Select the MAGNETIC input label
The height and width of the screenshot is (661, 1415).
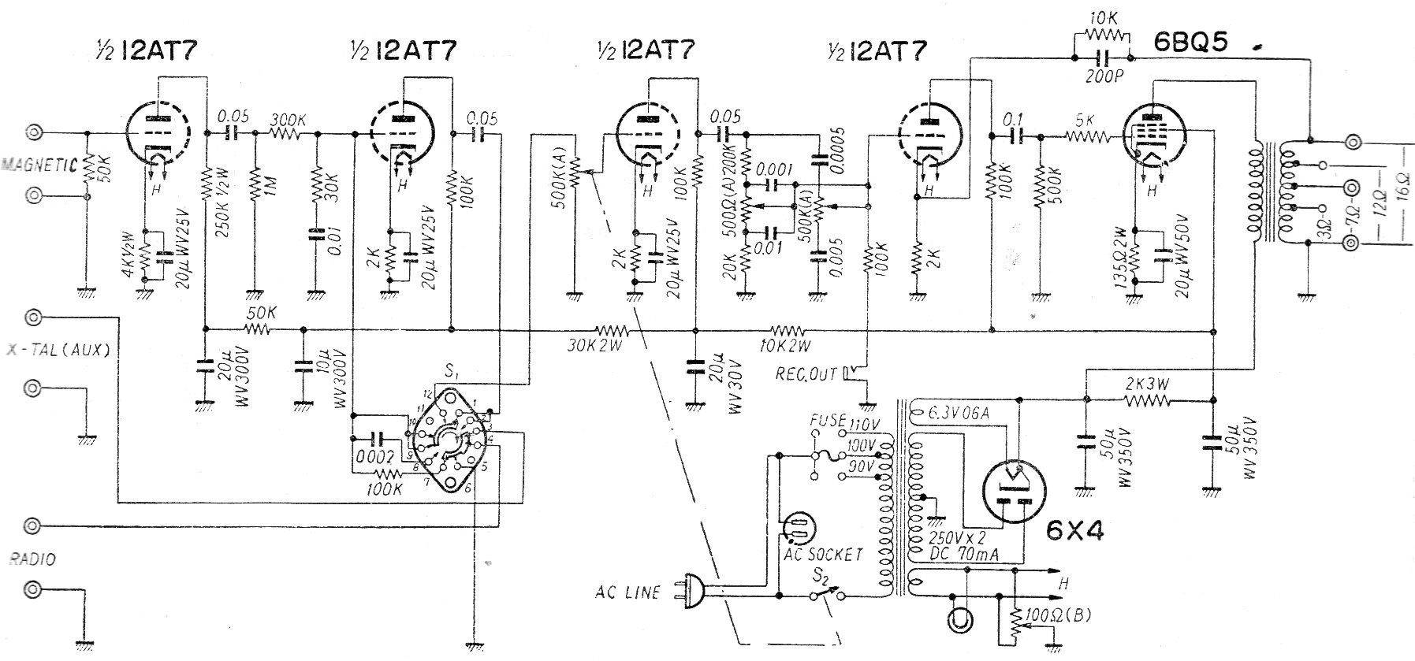(39, 165)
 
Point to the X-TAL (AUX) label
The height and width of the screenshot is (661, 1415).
(57, 351)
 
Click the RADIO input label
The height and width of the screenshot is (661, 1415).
(32, 559)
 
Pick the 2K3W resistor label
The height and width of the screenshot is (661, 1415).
(1147, 384)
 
